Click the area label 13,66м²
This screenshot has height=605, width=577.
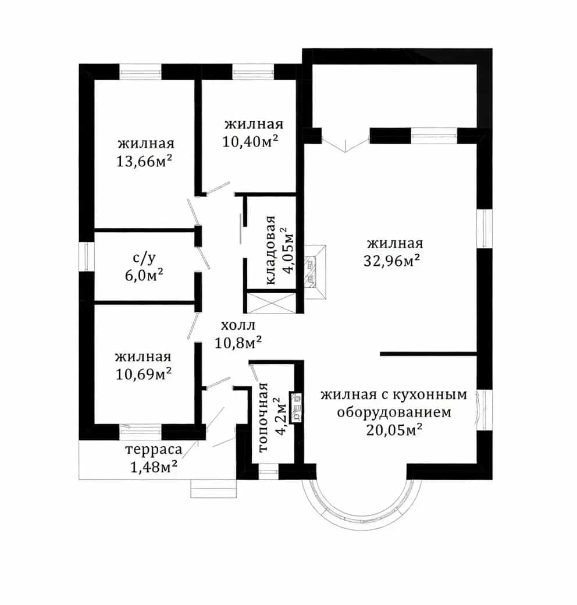click(x=144, y=161)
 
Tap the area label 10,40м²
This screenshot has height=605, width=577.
click(x=250, y=141)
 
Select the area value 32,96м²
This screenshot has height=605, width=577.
click(x=391, y=261)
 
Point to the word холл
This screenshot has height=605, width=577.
click(x=238, y=325)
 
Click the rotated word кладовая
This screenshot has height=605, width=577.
click(x=271, y=250)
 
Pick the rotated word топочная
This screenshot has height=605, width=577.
click(x=263, y=417)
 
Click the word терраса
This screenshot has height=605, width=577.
click(x=154, y=450)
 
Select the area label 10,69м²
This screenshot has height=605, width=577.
click(x=144, y=374)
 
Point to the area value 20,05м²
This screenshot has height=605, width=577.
click(x=394, y=429)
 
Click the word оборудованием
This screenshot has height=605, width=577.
click(x=394, y=412)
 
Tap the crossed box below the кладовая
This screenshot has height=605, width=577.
click(x=271, y=303)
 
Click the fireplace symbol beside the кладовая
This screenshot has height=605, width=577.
click(x=315, y=272)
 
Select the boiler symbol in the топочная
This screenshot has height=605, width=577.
click(x=296, y=408)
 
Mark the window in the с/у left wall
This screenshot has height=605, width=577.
click(x=87, y=257)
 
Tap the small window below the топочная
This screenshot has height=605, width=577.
click(x=268, y=472)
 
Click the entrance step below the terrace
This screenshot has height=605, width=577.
click(x=213, y=489)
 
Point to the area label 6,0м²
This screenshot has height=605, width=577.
click(x=144, y=276)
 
